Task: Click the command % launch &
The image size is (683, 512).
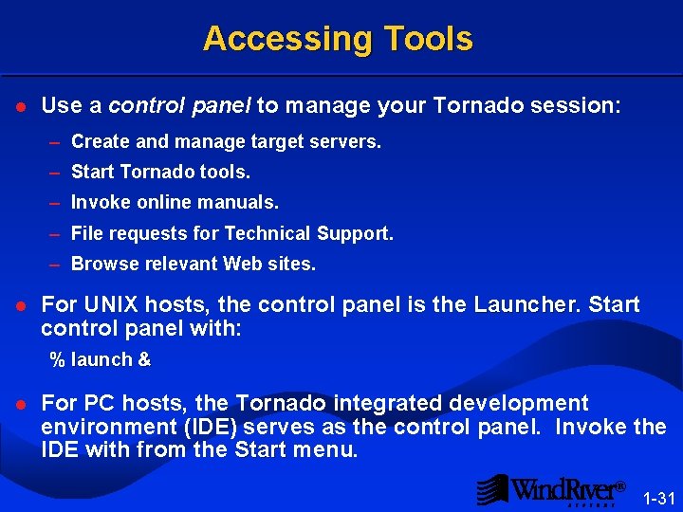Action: coord(101,359)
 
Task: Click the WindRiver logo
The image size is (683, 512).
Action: coord(550,490)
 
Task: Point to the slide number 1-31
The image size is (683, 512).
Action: coord(656,497)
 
